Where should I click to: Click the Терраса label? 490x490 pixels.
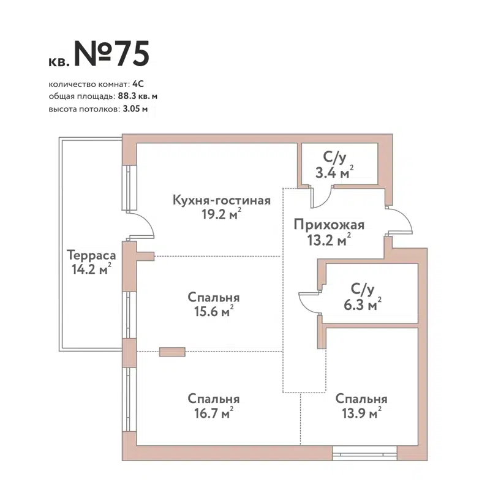(x=89, y=255)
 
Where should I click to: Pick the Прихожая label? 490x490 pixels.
(x=328, y=225)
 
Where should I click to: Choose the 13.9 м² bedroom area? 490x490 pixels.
(x=361, y=413)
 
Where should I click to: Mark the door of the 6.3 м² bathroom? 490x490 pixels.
(x=309, y=301)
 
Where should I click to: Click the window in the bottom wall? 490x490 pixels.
(x=364, y=454)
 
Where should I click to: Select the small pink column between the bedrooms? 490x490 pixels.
(x=172, y=352)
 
